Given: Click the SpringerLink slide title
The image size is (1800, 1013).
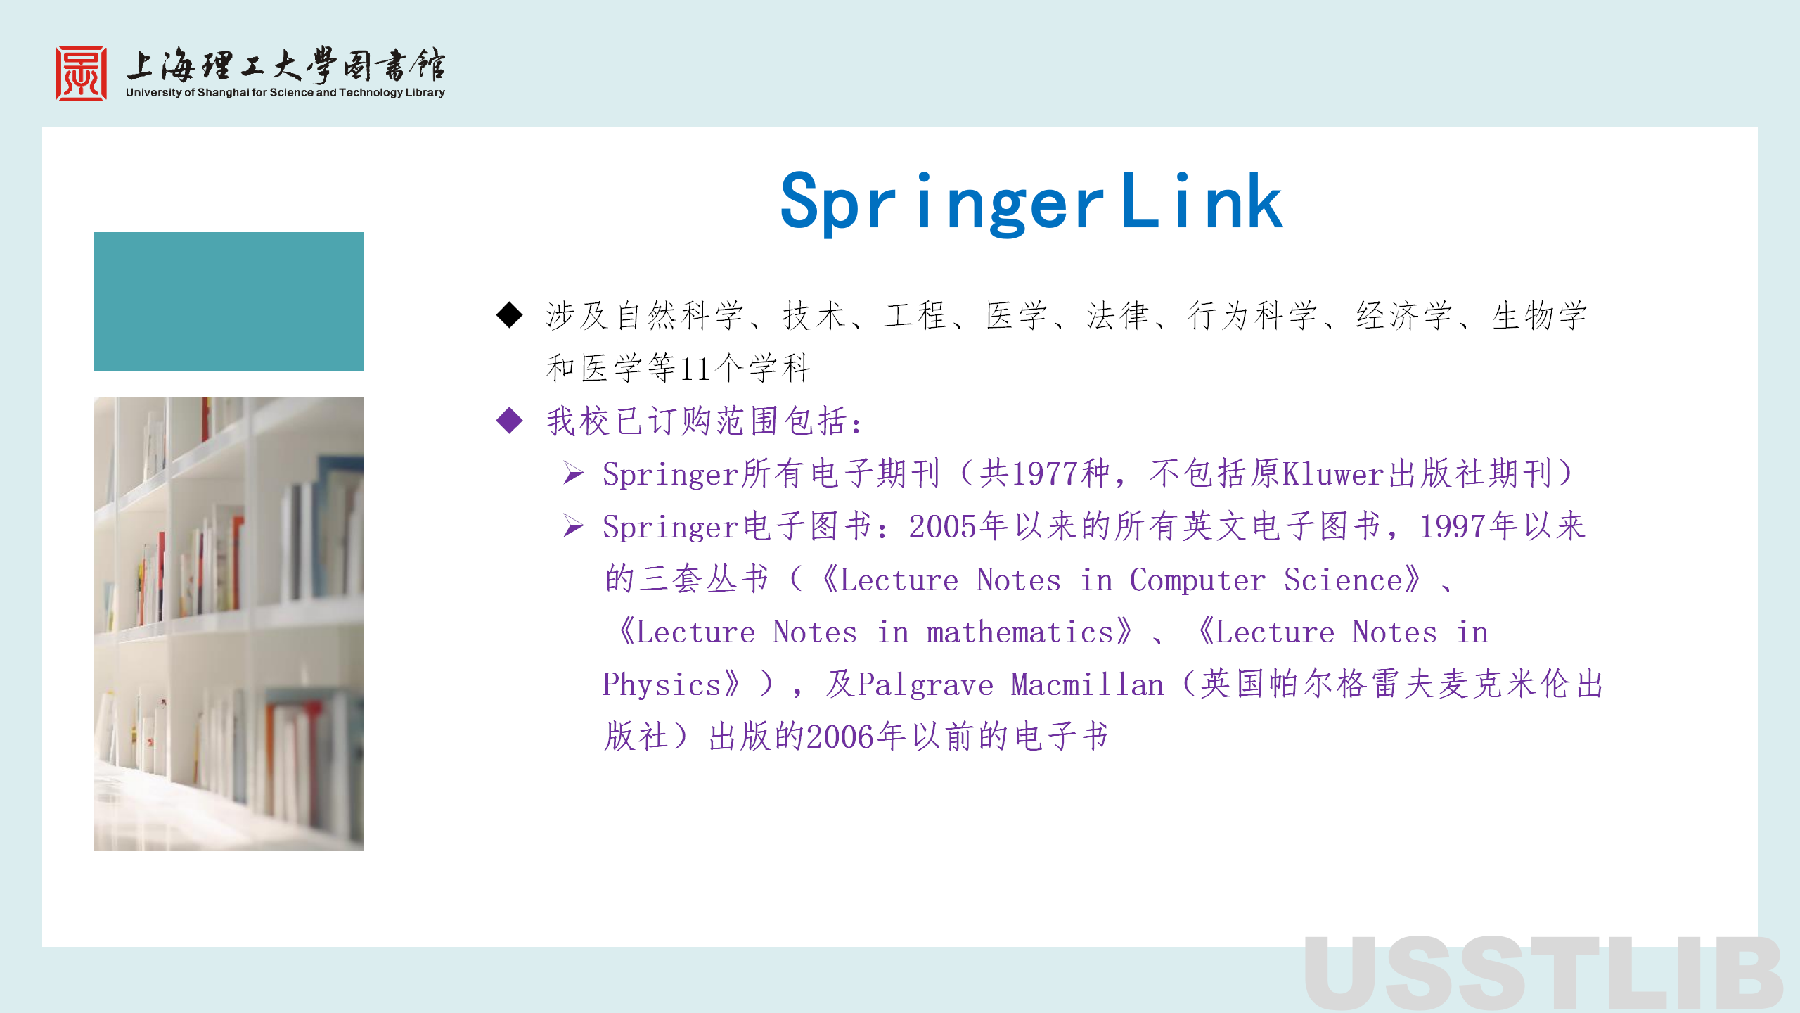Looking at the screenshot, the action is [x=1031, y=202].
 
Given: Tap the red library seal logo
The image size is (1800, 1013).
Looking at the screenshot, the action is [x=82, y=74].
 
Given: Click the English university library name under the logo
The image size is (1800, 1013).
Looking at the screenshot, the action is [x=285, y=92].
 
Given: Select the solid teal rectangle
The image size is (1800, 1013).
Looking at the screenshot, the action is [x=229, y=301].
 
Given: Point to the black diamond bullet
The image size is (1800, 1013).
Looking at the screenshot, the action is [x=509, y=314].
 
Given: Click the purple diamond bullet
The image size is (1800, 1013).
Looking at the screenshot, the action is [x=509, y=421].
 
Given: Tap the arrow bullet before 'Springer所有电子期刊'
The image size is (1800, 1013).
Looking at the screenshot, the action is [x=574, y=473].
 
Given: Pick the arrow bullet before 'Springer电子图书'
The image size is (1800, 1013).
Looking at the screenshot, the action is [x=574, y=525].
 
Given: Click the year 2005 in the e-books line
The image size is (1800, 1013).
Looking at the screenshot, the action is [x=943, y=526].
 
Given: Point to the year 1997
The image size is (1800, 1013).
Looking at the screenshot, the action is [x=1453, y=526].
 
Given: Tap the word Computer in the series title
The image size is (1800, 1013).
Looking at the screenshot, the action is [x=1197, y=580].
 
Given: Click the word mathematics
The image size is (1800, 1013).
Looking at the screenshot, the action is [x=1020, y=632].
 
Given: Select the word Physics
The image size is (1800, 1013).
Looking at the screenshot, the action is [x=662, y=684].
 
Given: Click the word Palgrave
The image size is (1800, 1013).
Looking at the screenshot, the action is [x=925, y=684].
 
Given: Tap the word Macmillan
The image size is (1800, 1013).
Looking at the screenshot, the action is [x=1087, y=684].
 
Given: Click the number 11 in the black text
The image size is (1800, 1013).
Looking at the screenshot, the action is [x=695, y=368].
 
